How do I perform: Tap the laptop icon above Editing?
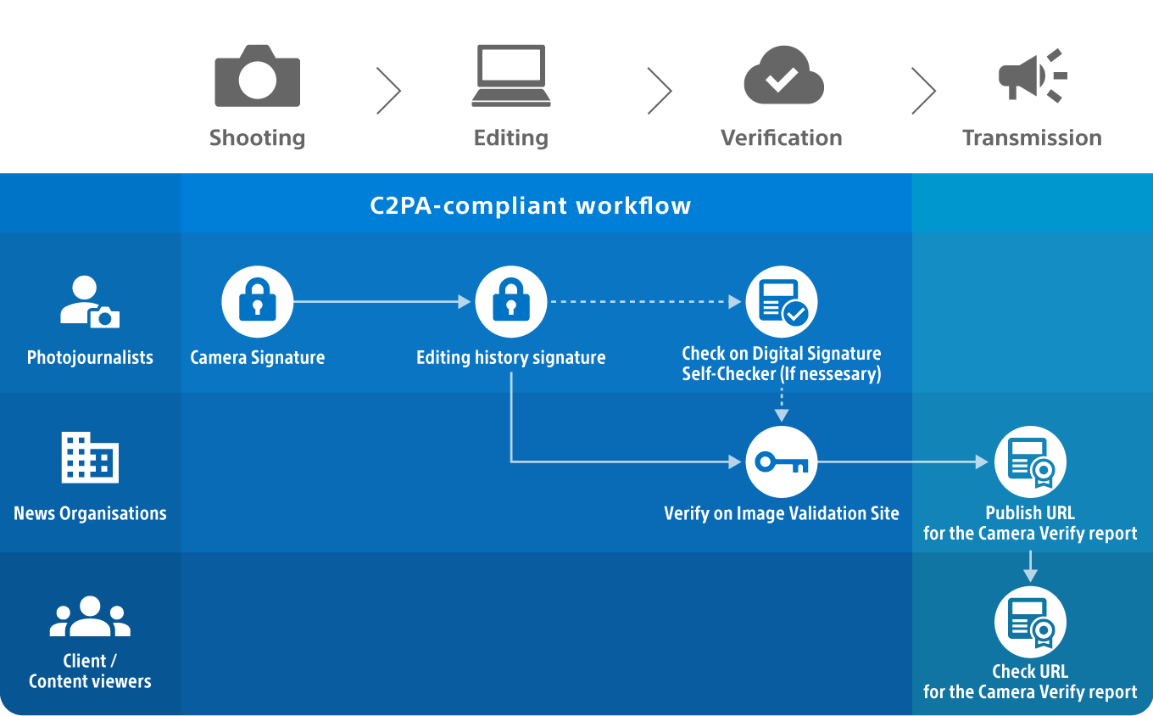511,77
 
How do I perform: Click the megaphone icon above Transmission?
1031,76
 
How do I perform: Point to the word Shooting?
257,137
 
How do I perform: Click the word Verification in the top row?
781,137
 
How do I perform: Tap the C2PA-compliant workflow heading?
531,205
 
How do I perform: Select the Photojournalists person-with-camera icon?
90,302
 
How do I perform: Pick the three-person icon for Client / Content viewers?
90,618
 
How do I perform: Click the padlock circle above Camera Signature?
257,302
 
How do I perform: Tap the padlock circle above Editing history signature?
510,302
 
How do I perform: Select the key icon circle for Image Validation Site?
781,462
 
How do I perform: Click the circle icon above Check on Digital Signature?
781,302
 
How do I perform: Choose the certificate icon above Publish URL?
1030,462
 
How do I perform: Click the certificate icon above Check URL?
1030,622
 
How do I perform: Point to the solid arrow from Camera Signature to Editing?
382,302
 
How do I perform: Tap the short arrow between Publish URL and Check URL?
1030,566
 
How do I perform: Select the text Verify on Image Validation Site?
781,512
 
